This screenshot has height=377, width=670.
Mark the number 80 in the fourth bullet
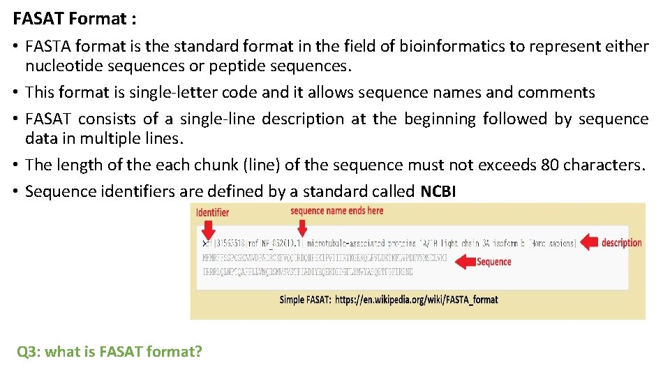tap(550, 165)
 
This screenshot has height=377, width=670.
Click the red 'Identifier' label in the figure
tap(212, 212)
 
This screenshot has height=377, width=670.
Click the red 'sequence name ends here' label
tap(336, 211)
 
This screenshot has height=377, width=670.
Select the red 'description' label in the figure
tap(621, 243)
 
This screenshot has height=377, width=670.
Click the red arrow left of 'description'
tap(590, 242)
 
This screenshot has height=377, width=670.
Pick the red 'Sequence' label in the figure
tap(493, 262)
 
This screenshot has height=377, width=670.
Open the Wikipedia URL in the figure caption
tap(416, 300)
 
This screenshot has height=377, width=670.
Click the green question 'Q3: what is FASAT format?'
tap(110, 351)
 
